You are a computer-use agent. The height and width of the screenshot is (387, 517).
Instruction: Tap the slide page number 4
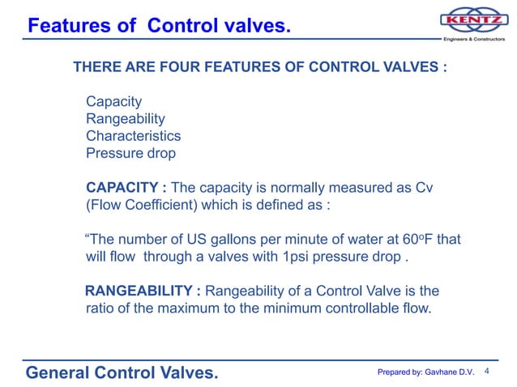(x=487, y=371)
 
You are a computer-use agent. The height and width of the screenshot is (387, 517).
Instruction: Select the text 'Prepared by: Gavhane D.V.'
(x=425, y=372)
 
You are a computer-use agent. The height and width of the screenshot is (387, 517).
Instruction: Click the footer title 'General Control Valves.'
(x=122, y=372)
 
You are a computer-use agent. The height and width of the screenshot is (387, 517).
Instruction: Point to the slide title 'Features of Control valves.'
(x=158, y=27)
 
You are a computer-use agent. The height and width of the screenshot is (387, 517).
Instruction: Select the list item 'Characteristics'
(x=133, y=136)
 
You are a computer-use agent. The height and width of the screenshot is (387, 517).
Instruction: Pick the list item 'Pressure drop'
(x=130, y=153)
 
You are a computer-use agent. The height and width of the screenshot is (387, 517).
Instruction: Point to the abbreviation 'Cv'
(x=424, y=188)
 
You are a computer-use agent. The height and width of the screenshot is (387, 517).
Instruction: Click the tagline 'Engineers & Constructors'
(x=473, y=39)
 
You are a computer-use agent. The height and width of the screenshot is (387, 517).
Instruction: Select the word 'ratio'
(x=100, y=308)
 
